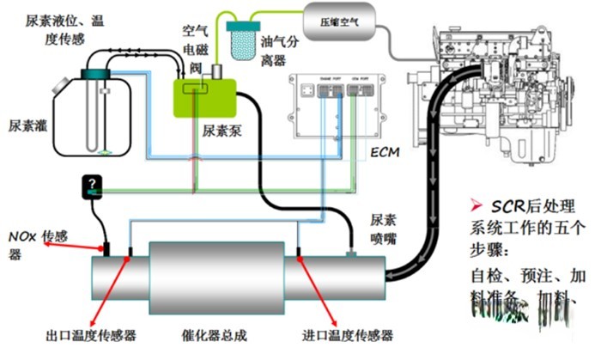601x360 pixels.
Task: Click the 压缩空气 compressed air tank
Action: pyautogui.click(x=340, y=15)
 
